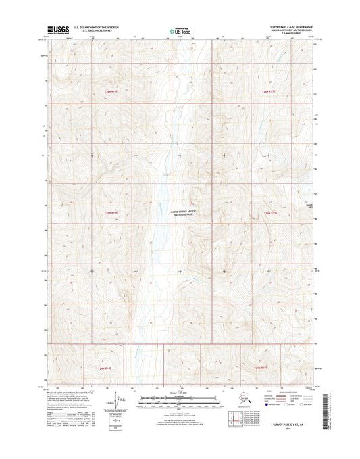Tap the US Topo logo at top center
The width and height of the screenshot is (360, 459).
click(x=179, y=30)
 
